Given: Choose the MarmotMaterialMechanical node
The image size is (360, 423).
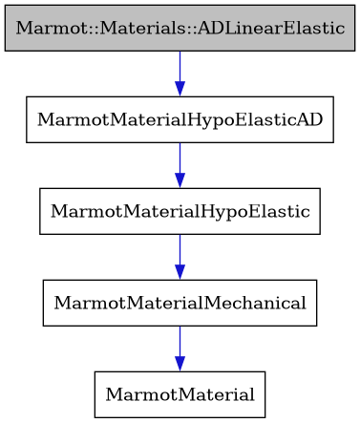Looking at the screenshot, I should [180, 303].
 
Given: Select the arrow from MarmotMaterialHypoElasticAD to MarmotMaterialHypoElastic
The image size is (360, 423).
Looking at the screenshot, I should [180, 161].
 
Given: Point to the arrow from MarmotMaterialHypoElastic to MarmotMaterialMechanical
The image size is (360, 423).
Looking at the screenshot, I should [180, 253].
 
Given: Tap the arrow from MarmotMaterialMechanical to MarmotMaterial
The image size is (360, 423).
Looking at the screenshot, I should [180, 345].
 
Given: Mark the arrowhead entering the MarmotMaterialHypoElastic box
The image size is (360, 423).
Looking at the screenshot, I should [180, 181].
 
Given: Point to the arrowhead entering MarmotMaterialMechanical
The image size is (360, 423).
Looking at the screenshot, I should [180, 273].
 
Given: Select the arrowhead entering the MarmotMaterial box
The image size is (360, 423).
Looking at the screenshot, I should [180, 365].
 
